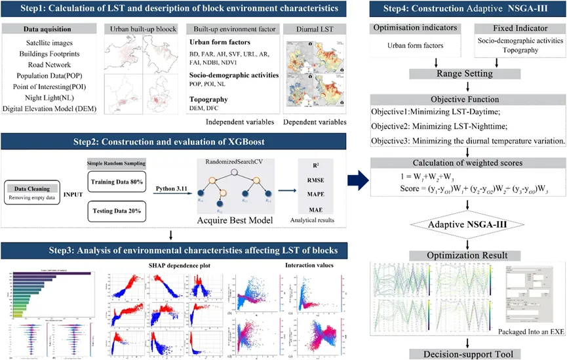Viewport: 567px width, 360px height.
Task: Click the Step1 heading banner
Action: [173, 9]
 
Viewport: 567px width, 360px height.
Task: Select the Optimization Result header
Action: [466, 255]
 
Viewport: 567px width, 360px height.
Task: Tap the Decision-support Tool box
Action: [466, 355]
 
